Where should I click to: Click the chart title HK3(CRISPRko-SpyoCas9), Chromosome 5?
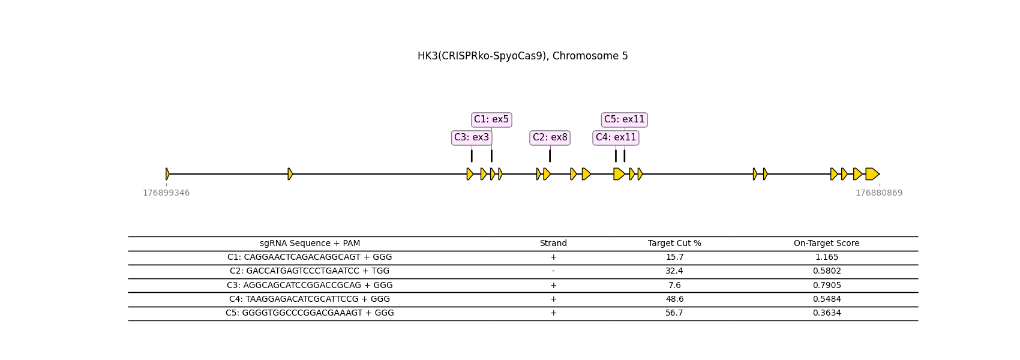point(522,56)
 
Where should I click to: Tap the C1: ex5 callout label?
point(491,119)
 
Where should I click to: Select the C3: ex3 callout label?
point(472,137)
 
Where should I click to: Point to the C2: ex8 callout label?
point(550,137)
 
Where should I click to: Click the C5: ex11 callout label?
point(624,119)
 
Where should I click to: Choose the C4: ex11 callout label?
point(616,137)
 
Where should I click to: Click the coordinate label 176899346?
point(166,193)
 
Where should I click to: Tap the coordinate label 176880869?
point(879,193)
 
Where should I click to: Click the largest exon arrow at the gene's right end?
point(872,174)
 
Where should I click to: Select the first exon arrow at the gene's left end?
point(167,174)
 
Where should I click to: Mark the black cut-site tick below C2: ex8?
point(550,155)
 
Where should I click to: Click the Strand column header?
point(553,244)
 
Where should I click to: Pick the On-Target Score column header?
point(826,244)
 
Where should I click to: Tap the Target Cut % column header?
point(674,244)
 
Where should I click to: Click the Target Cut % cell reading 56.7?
point(674,313)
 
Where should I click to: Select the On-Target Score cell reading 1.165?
point(826,257)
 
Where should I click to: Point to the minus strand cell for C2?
point(553,271)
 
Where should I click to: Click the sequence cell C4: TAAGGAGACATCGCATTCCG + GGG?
point(310,299)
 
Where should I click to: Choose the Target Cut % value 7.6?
point(674,286)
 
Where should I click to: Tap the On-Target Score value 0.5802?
point(826,271)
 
